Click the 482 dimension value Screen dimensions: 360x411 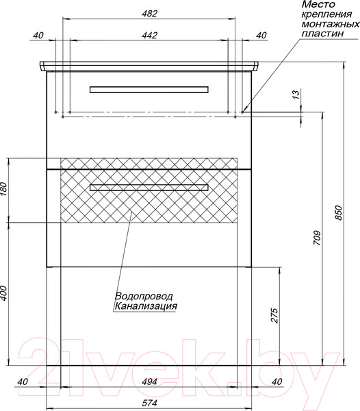pos(149,14)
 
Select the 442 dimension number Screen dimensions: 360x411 pos(149,35)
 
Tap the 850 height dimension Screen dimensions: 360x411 pos(339,212)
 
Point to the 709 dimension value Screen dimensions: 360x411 pos(317,238)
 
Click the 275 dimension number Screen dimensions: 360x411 pos(274,315)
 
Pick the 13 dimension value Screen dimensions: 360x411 pos(296,95)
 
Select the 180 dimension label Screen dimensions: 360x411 pos(4,190)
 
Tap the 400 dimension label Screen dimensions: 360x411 pos(4,293)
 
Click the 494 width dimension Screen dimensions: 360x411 pos(149,382)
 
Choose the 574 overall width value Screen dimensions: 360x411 pos(149,403)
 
